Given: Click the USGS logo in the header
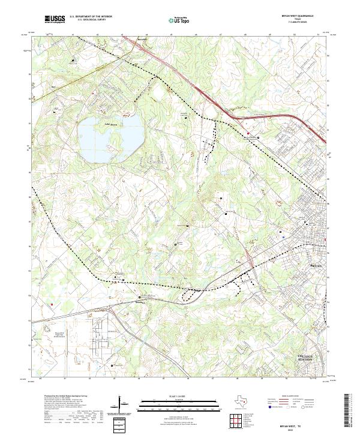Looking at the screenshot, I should point(55,20).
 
